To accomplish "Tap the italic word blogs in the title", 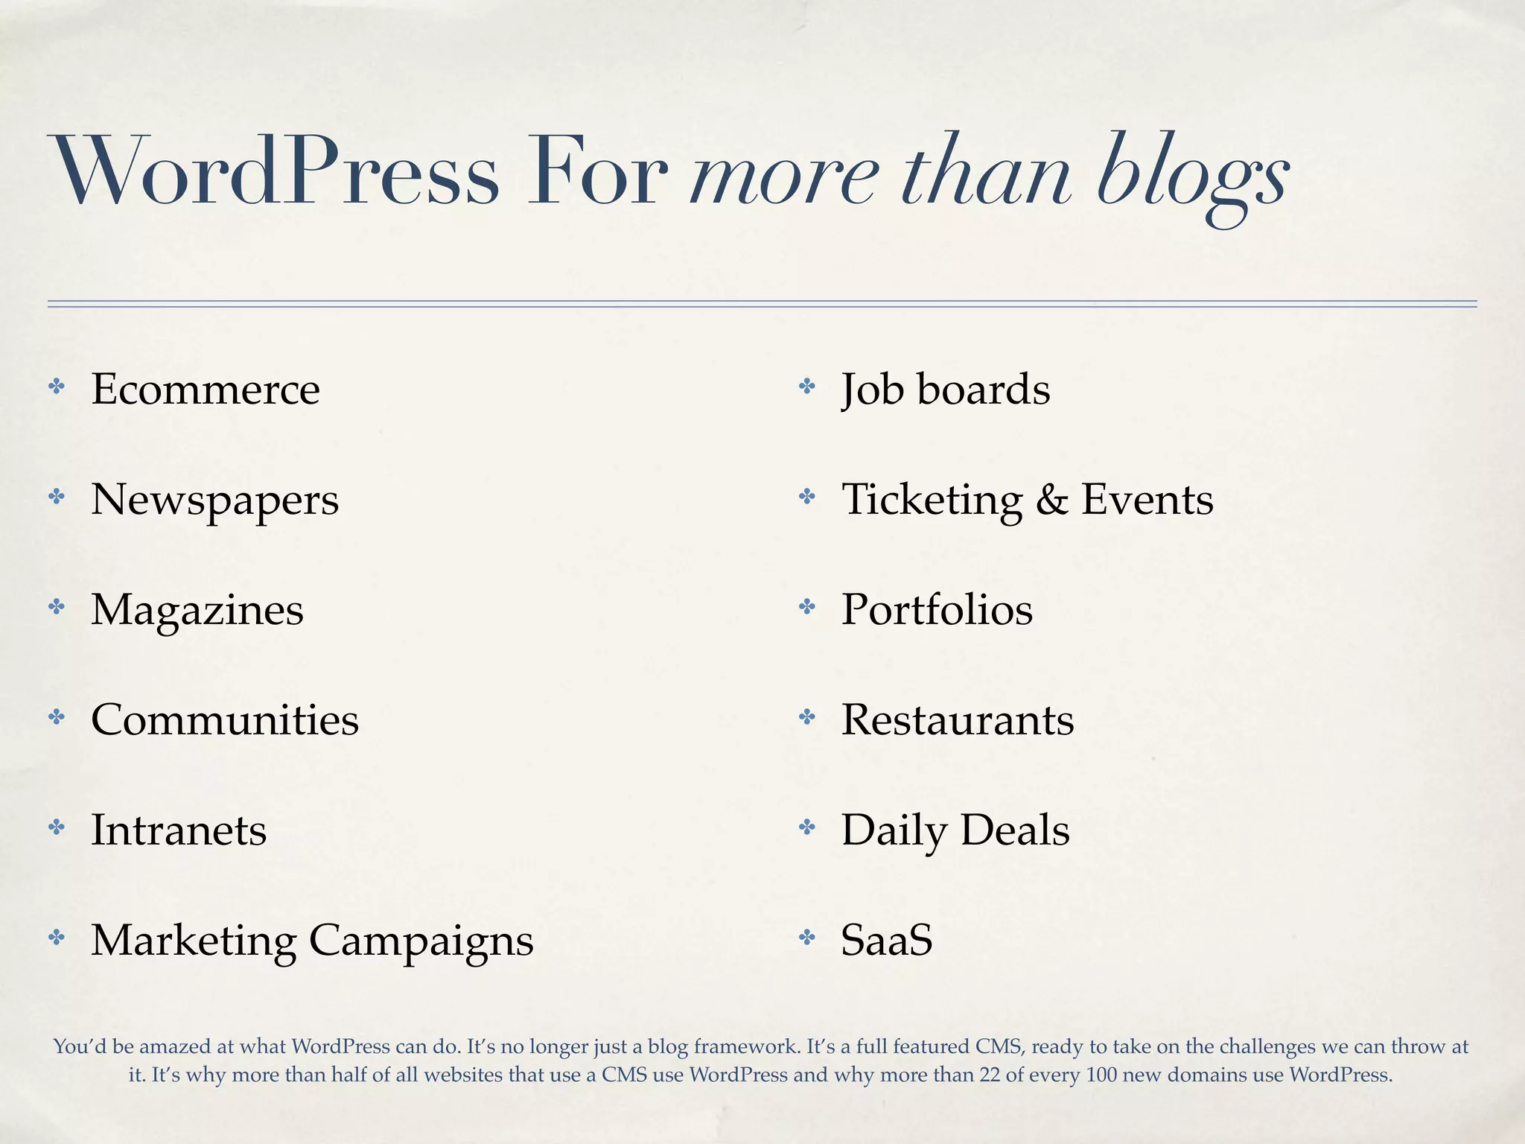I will pyautogui.click(x=1191, y=175).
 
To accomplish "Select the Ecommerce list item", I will pyautogui.click(x=206, y=390).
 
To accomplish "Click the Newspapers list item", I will pyautogui.click(x=214, y=500).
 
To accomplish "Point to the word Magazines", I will pyautogui.click(x=197, y=610).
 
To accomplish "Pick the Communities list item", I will pyautogui.click(x=225, y=720).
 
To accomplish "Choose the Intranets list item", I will pyautogui.click(x=179, y=830).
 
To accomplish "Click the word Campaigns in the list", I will pyautogui.click(x=421, y=941).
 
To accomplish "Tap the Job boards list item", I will pyautogui.click(x=946, y=390).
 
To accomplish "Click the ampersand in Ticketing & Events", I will pyautogui.click(x=1051, y=500).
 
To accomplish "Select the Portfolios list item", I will pyautogui.click(x=937, y=610).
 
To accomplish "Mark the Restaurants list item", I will pyautogui.click(x=958, y=720).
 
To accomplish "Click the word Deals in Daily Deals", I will pyautogui.click(x=1015, y=830).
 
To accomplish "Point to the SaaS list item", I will pyautogui.click(x=887, y=940).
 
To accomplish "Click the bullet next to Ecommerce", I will pyautogui.click(x=57, y=387).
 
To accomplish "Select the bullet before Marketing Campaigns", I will pyautogui.click(x=57, y=938).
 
